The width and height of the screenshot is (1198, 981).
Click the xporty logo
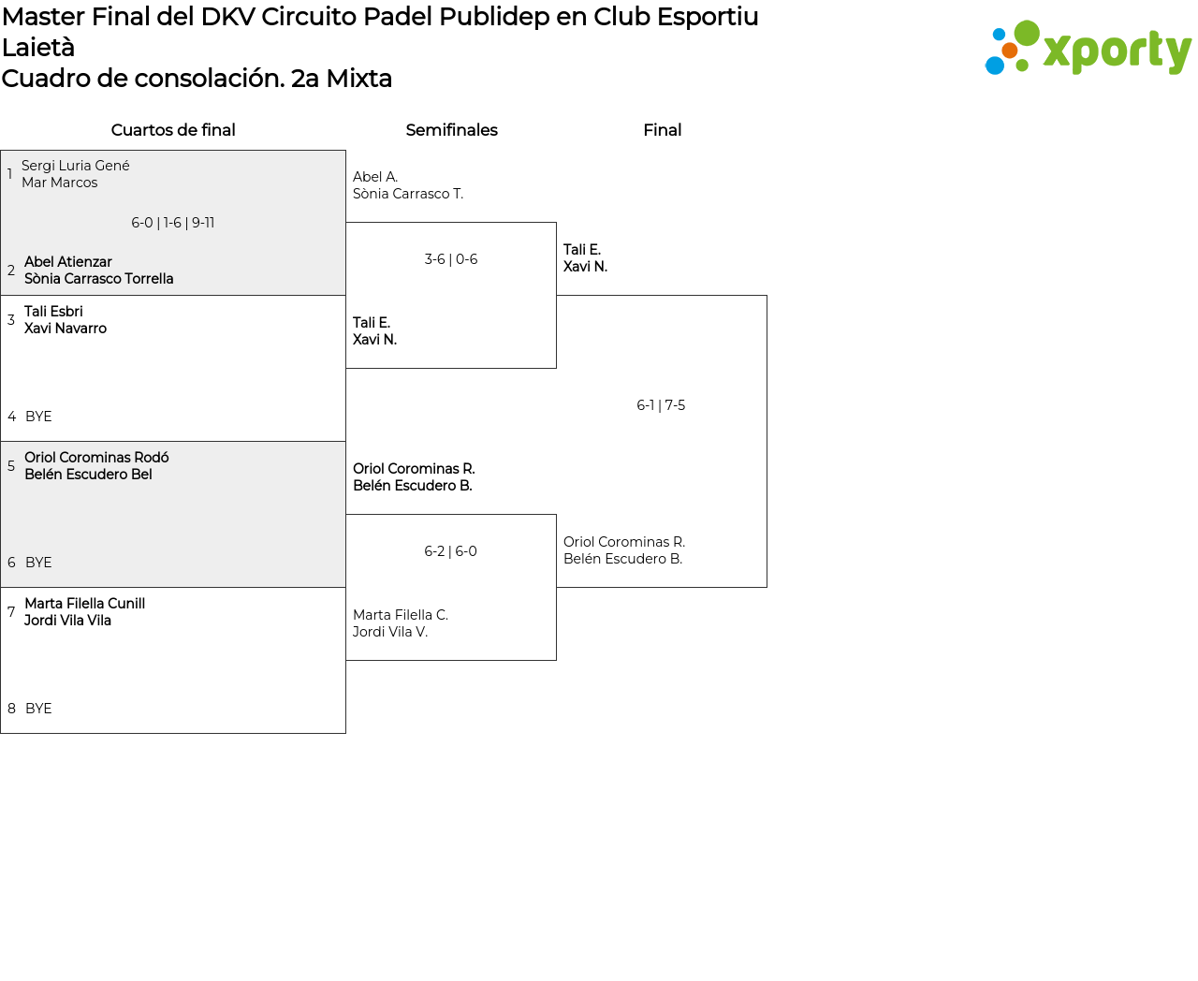tap(1088, 48)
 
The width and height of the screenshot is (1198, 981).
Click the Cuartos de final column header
tap(173, 130)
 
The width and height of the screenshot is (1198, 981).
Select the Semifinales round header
tap(452, 130)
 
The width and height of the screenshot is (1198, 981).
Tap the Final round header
tap(662, 130)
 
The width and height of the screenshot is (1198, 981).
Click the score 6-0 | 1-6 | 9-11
tap(173, 223)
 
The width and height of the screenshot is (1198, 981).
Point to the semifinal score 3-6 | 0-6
tap(451, 259)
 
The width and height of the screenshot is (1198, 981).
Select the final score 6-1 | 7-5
tap(661, 405)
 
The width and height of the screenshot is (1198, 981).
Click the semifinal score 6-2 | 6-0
tap(450, 551)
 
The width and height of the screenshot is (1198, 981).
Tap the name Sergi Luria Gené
tap(76, 166)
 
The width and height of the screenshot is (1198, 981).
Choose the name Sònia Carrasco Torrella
tap(99, 278)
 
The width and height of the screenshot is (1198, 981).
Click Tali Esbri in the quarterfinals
tap(53, 312)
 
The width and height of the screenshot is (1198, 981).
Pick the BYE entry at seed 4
tap(38, 417)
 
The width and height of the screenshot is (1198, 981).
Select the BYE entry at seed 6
tap(38, 563)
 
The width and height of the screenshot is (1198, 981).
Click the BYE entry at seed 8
tap(38, 709)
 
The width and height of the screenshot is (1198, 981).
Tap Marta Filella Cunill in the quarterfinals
tap(84, 603)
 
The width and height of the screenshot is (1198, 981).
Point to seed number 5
tap(11, 466)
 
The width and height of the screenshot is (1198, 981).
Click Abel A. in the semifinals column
tap(375, 177)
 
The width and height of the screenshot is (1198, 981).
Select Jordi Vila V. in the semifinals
tap(390, 632)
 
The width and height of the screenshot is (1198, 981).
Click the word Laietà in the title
tap(38, 48)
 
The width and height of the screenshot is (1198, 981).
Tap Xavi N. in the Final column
tap(585, 267)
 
